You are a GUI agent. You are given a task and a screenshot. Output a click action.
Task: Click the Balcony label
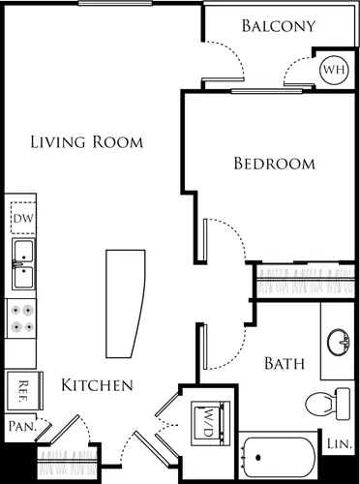(279, 26)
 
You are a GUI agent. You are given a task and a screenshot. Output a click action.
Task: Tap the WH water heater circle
(334, 70)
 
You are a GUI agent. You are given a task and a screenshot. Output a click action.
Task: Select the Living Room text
(87, 142)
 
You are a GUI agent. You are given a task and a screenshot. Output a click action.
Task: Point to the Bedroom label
(275, 164)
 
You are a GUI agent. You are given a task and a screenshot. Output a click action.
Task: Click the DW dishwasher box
(23, 218)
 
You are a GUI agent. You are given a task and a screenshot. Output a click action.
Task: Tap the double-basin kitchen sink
(23, 264)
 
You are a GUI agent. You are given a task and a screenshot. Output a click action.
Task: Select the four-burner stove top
(21, 318)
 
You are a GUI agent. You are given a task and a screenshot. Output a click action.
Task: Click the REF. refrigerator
(24, 391)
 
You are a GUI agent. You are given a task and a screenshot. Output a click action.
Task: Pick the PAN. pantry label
(22, 426)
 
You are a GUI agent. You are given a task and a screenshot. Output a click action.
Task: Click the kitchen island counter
(125, 304)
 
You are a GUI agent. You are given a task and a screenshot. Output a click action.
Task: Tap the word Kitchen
(97, 385)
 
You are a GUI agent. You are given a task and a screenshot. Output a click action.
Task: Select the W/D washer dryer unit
(210, 423)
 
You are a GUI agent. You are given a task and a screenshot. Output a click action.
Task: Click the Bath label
(285, 364)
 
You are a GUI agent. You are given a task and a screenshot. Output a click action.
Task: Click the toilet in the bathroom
(328, 404)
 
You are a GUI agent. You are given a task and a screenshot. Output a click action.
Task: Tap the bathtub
(280, 457)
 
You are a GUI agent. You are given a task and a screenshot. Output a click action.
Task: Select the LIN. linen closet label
(339, 444)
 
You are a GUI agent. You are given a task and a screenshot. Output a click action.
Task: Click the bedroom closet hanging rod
(306, 281)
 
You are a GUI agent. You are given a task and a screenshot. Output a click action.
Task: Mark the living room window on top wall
(115, 4)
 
